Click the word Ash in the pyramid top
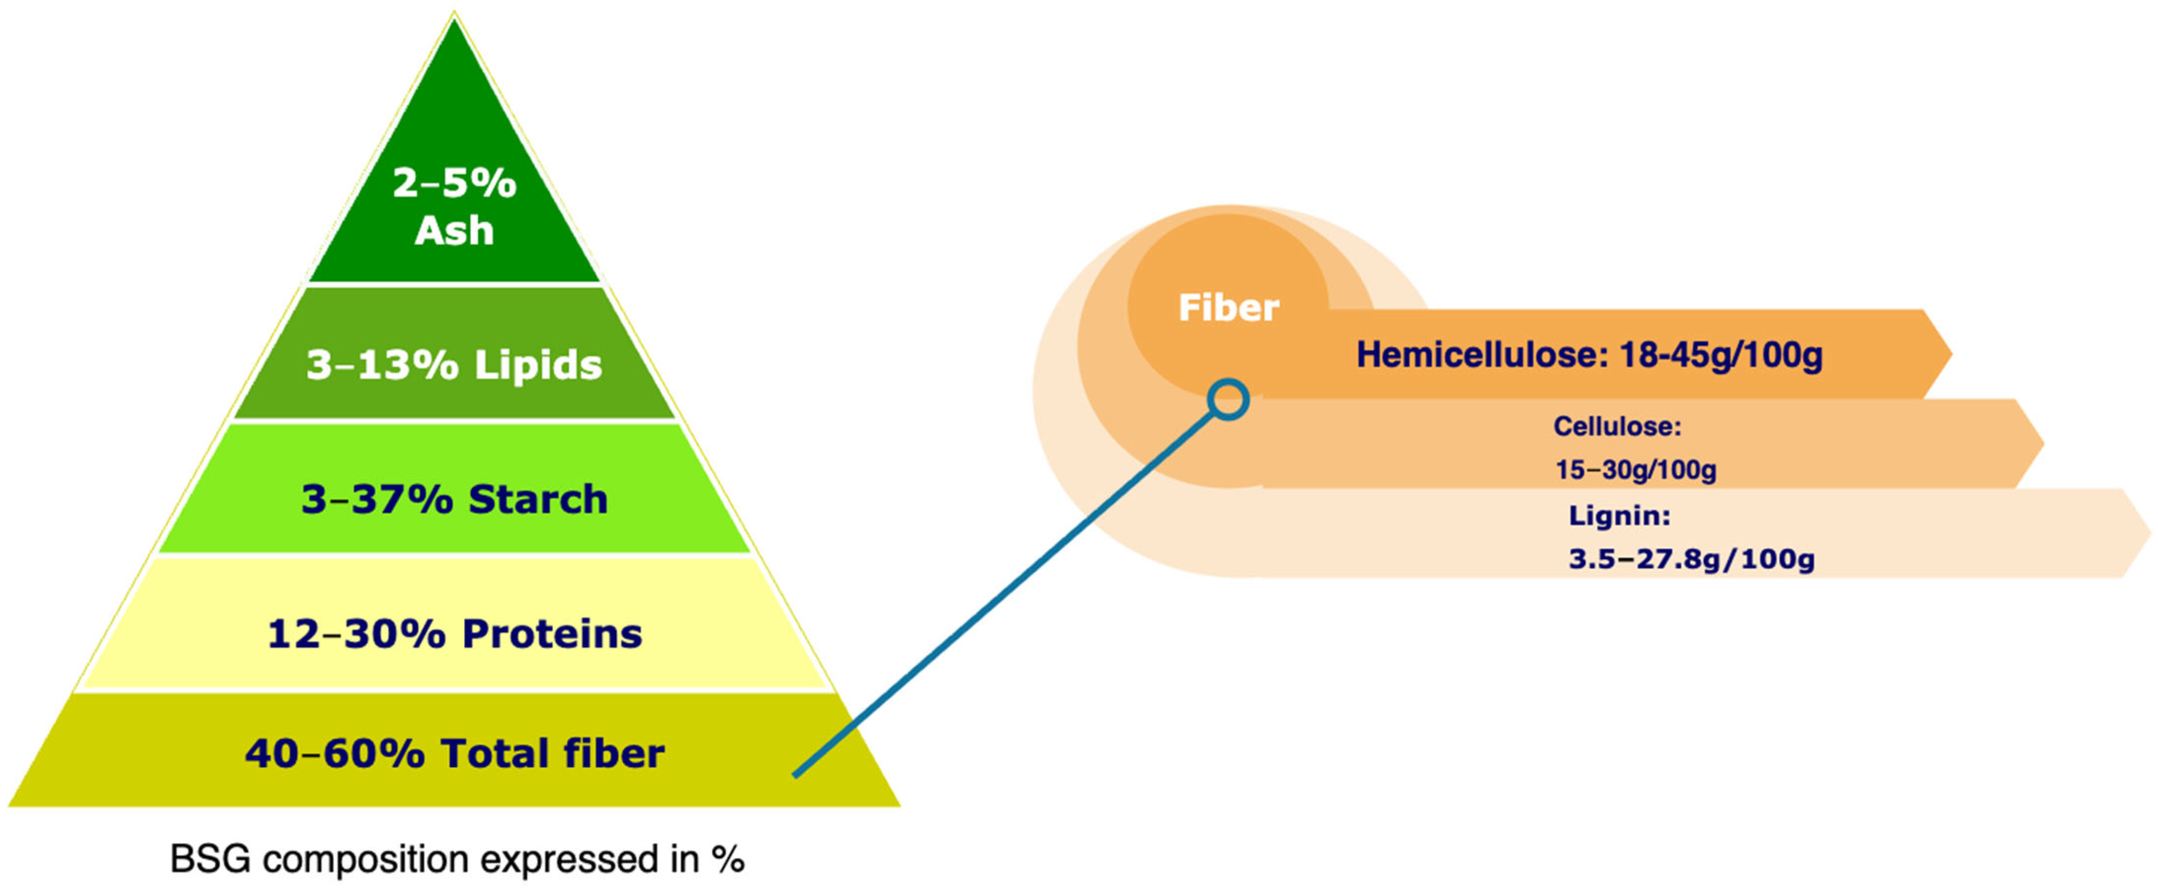coord(454,230)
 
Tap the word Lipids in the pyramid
coord(538,365)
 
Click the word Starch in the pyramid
coord(538,500)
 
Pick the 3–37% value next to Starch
coord(376,500)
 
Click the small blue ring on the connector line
coord(1228,400)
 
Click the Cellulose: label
coord(1617,426)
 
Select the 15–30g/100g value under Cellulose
coord(1635,469)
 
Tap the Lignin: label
coord(1619,515)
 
